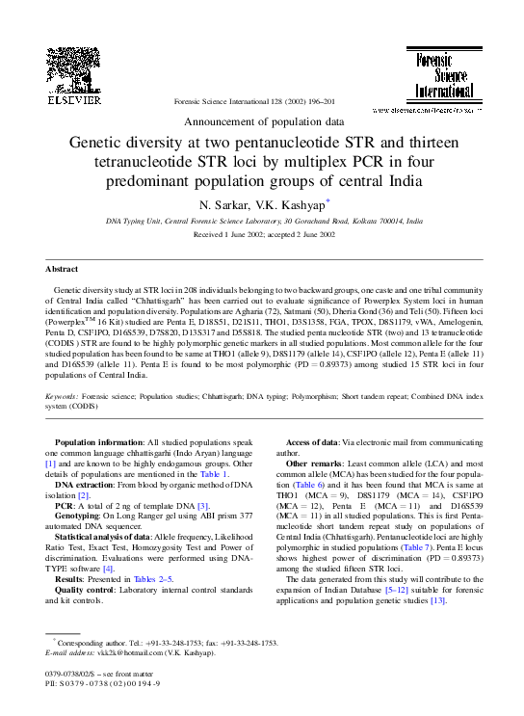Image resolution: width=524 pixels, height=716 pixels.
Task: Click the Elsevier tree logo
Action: click(x=74, y=68)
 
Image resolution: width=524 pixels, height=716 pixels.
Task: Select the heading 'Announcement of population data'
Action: click(x=262, y=121)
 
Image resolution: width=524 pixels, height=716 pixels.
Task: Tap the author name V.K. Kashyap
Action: click(x=294, y=204)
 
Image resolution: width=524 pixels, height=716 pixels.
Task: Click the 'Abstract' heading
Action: click(x=62, y=269)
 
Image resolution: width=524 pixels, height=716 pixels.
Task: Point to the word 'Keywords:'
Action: click(x=64, y=396)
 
